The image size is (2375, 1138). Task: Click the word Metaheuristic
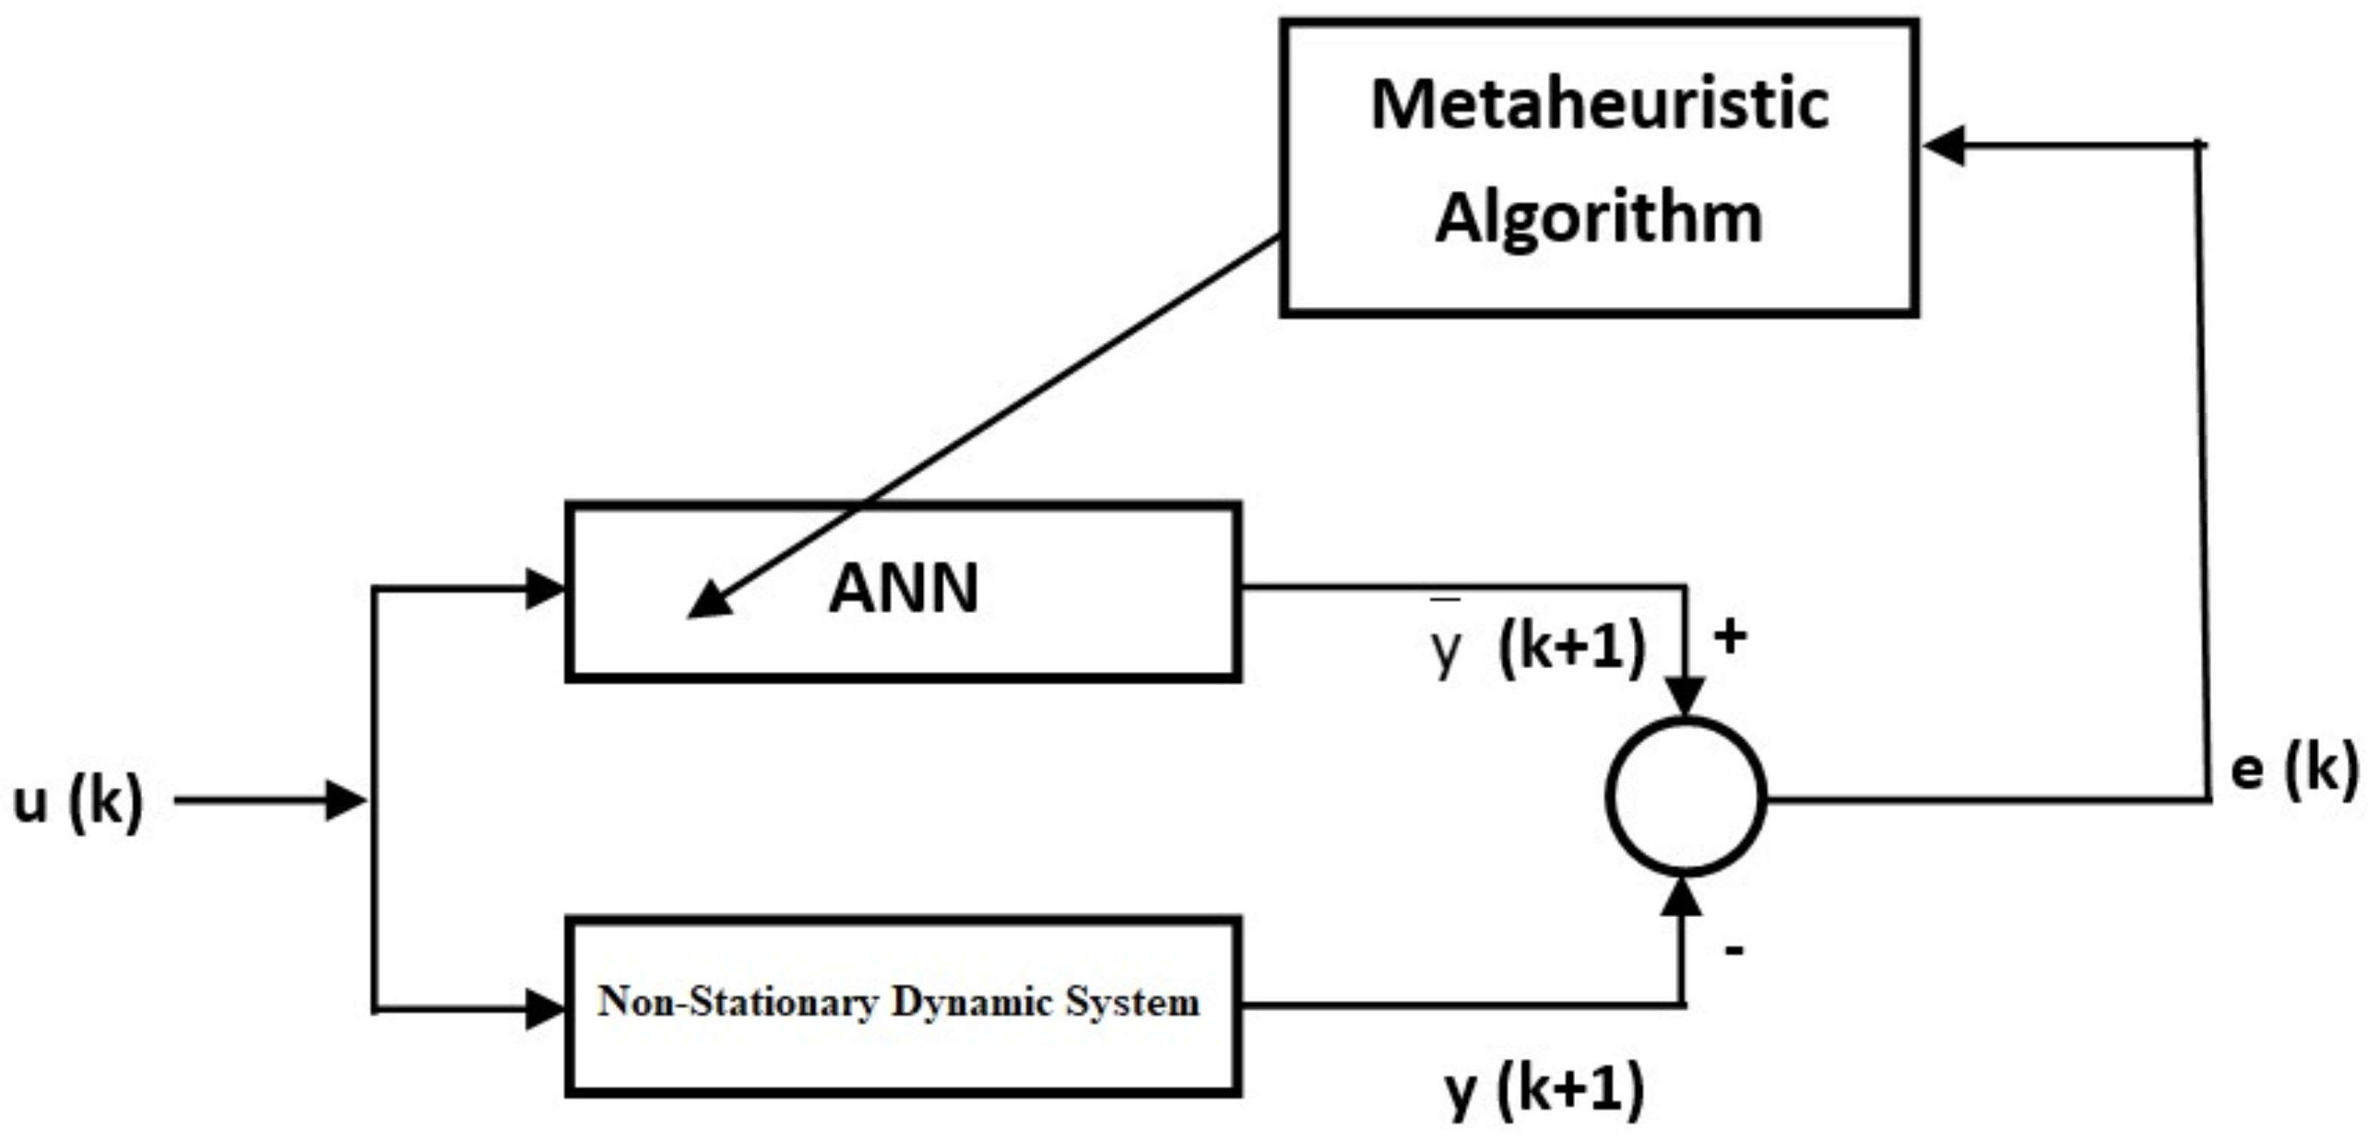click(x=1600, y=104)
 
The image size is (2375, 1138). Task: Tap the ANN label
click(x=903, y=589)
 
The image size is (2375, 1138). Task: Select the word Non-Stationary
click(x=737, y=1002)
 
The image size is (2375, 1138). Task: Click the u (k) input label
click(x=78, y=802)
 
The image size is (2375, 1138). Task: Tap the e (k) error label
click(x=2293, y=769)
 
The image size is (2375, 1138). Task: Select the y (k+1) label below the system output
click(x=1544, y=1089)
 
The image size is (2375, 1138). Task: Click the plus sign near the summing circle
click(x=1730, y=636)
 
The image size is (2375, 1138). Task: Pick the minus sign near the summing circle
click(x=1734, y=950)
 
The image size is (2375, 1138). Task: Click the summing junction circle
click(x=1685, y=796)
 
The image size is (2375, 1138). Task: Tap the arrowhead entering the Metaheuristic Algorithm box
click(x=1944, y=146)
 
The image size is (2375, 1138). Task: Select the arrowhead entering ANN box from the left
click(x=544, y=589)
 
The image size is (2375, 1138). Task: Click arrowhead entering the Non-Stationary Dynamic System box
click(x=544, y=1009)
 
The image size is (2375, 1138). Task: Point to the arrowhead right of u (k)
click(x=346, y=800)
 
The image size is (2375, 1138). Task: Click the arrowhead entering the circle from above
click(x=1685, y=696)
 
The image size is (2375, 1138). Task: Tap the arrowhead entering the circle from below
click(x=1684, y=897)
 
